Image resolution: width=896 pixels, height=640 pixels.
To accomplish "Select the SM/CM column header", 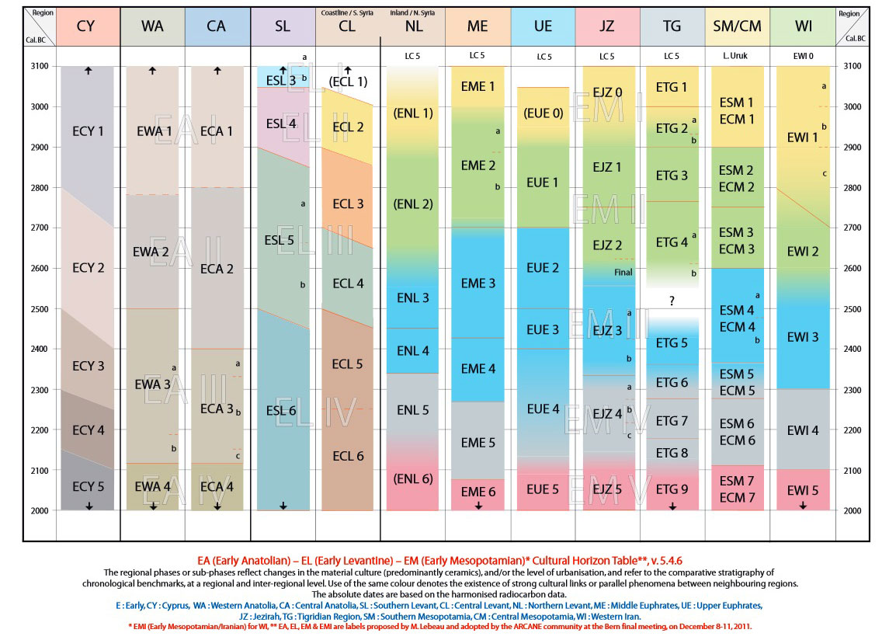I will point(737,26).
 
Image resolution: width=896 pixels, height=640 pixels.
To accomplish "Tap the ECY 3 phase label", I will point(89,366).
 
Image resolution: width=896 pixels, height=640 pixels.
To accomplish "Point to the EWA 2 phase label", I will point(151,252).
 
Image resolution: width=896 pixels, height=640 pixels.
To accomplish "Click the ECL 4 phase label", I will point(348,283).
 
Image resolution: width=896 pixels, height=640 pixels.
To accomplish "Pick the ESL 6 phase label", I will point(280,411).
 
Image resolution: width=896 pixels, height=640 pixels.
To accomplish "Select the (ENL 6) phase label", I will point(413,478).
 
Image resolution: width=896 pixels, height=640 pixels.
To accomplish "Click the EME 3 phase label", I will point(478,283).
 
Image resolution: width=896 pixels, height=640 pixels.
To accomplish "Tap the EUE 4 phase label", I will point(543,409).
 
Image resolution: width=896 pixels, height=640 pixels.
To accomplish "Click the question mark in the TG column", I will point(672,301).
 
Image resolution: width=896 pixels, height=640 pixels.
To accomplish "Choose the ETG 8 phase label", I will point(672,453).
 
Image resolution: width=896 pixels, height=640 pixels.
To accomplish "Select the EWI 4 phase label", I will point(803,430).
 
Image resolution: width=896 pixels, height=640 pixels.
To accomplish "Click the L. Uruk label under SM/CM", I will point(737,56).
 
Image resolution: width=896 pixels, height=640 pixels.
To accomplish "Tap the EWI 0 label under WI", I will point(803,56).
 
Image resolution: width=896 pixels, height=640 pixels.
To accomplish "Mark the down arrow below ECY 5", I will point(89,506).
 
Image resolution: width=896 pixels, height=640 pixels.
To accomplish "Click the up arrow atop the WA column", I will point(152,71).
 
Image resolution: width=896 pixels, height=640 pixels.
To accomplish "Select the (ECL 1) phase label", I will point(348,82).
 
